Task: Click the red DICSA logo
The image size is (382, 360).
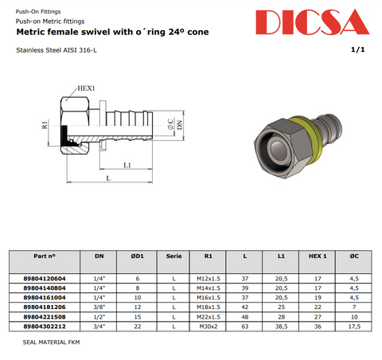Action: click(x=312, y=22)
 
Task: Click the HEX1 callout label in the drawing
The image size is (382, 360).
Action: click(x=86, y=88)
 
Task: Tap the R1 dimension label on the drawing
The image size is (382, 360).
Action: click(x=45, y=125)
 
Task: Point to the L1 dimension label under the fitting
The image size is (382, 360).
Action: click(x=127, y=165)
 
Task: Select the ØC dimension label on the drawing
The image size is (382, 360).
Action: click(x=170, y=124)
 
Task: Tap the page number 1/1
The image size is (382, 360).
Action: click(x=358, y=49)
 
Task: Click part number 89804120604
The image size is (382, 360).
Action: click(x=45, y=279)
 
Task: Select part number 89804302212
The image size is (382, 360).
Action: click(x=45, y=327)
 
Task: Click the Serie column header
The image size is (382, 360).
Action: click(x=173, y=256)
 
